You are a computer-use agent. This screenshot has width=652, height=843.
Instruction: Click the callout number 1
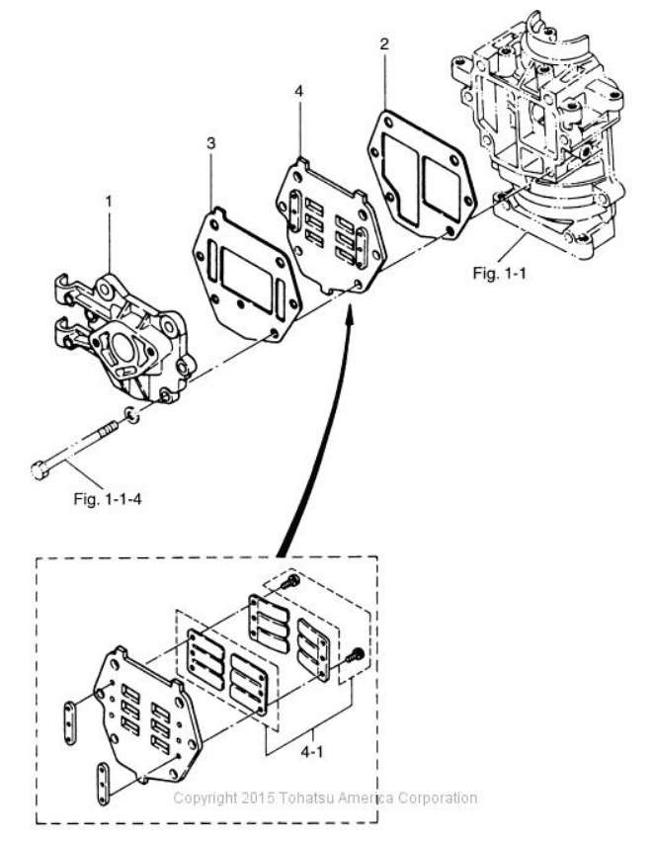(x=110, y=202)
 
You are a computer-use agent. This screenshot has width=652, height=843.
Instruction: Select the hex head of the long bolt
(x=39, y=471)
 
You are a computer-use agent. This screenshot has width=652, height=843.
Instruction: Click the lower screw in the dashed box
(x=356, y=654)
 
